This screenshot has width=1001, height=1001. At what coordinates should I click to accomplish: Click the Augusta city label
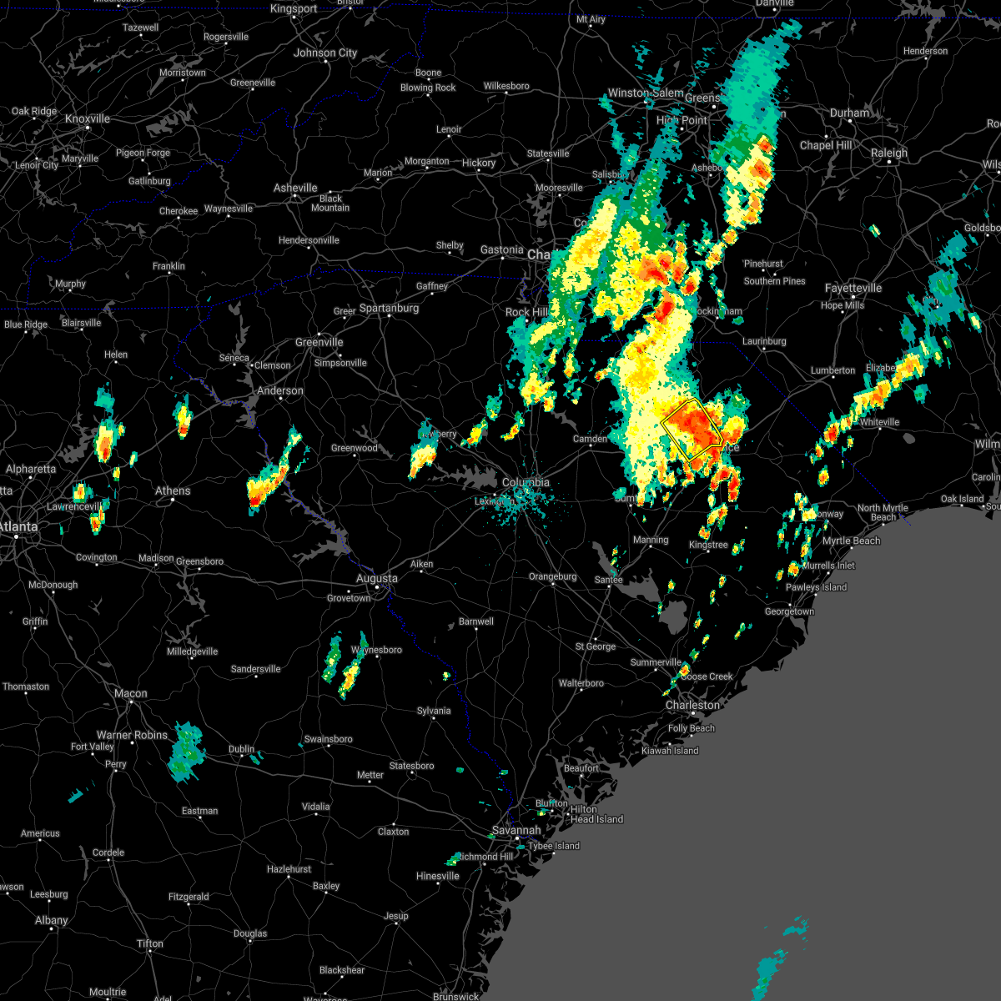tap(377, 578)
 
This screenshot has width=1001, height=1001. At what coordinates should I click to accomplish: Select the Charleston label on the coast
tap(692, 705)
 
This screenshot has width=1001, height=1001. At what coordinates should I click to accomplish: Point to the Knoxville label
tap(88, 118)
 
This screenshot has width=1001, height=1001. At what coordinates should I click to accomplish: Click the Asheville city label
tap(295, 188)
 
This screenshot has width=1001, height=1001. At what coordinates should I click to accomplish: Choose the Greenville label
tap(319, 342)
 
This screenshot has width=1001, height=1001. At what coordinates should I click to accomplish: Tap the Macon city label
tap(131, 693)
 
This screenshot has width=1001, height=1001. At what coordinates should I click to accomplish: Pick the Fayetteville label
tap(853, 288)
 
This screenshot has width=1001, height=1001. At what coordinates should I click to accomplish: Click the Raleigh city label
tap(888, 153)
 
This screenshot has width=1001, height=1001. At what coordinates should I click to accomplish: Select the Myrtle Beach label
tap(851, 541)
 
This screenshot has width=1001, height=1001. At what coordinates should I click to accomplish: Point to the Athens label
tap(173, 490)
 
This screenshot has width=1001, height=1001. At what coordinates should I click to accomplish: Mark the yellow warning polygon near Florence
tap(692, 425)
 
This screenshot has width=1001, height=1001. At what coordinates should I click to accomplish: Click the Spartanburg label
tap(389, 308)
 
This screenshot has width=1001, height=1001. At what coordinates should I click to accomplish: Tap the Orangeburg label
tap(552, 576)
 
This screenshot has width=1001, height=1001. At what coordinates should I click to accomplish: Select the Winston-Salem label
tap(645, 93)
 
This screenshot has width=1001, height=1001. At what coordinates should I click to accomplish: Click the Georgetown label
tap(789, 611)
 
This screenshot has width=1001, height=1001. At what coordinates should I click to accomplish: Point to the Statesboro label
tap(412, 766)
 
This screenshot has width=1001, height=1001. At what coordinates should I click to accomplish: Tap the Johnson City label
tap(325, 53)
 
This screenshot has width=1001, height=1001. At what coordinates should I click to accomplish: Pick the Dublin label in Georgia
tap(242, 749)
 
